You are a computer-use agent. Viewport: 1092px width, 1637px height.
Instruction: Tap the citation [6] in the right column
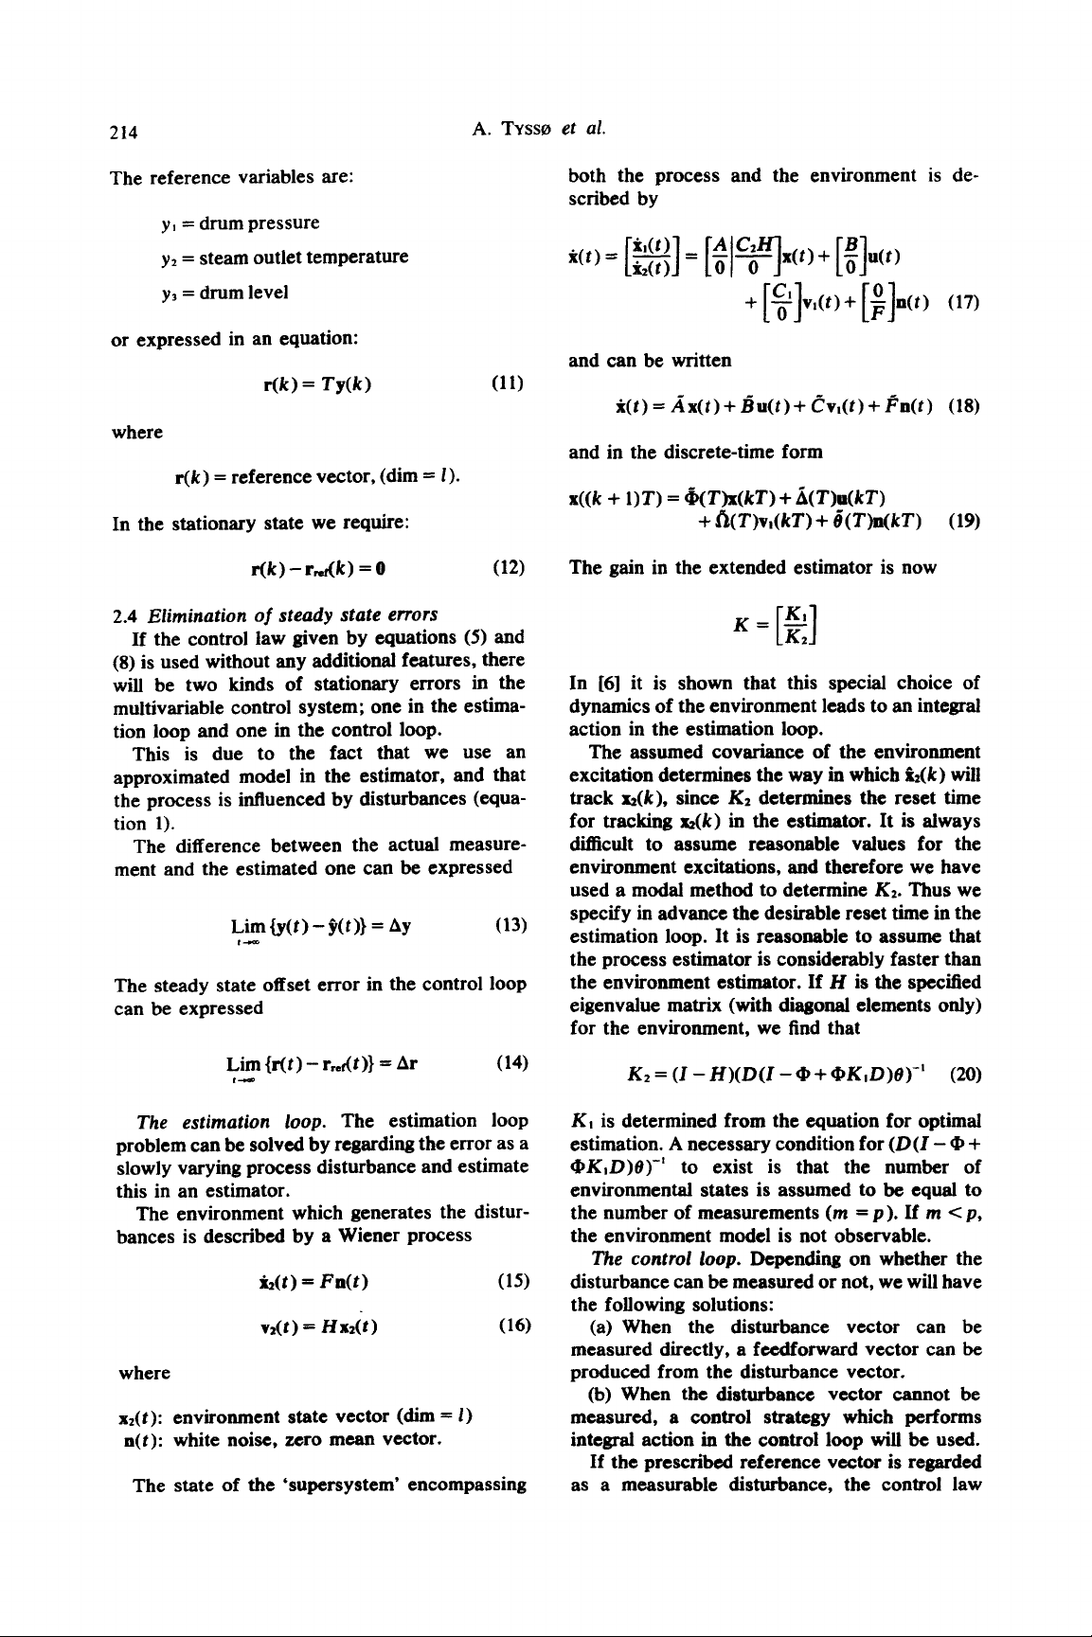[601, 683]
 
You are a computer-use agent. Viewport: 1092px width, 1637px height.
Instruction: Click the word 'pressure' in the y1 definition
[281, 222]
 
